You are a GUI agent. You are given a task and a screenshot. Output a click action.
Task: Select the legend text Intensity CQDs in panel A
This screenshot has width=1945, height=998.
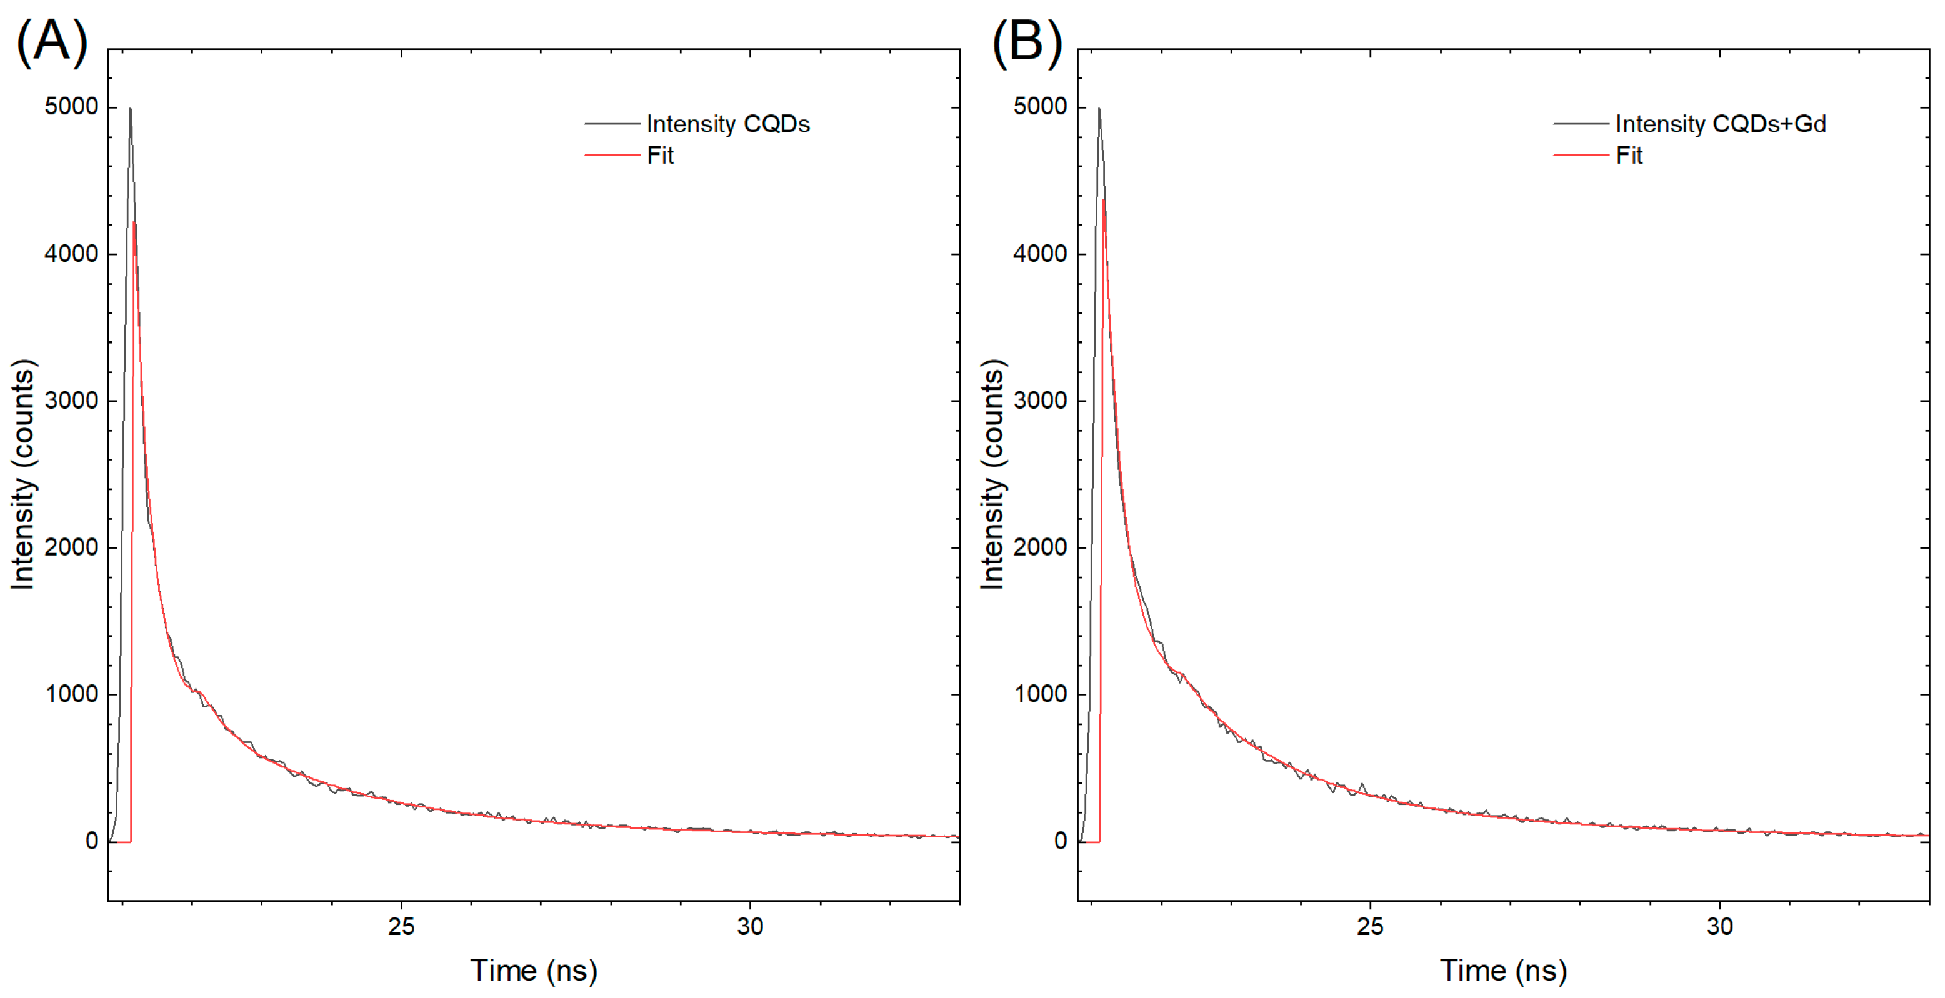pos(728,124)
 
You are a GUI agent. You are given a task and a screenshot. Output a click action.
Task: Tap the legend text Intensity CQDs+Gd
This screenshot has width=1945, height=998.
pos(1720,124)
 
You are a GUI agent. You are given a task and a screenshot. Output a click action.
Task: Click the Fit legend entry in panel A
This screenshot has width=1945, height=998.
pos(660,156)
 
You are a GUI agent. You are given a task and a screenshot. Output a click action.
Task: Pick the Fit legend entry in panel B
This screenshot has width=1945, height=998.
pos(1629,156)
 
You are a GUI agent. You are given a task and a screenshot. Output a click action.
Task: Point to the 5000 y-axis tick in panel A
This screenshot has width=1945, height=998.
pos(71,106)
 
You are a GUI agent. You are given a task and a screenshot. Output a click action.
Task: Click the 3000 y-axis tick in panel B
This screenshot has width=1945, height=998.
pos(1040,400)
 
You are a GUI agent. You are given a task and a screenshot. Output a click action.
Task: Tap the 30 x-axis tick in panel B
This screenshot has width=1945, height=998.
pos(1719,926)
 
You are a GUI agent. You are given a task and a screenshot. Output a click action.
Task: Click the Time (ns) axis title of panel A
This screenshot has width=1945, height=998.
pos(534,970)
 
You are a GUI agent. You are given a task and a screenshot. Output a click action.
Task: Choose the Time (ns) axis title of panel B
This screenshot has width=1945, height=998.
pos(1502,970)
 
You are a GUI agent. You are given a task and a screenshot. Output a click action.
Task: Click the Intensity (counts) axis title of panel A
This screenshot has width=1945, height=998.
pos(22,474)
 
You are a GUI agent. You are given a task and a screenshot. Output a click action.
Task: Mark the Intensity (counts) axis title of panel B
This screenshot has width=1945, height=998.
pos(992,474)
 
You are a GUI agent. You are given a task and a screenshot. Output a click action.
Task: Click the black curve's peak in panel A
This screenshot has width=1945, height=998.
pos(130,109)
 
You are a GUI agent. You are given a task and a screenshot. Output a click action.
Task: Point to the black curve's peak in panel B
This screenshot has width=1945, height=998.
pos(1099,109)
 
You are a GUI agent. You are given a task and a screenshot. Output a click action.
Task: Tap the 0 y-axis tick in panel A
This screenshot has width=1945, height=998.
pos(91,841)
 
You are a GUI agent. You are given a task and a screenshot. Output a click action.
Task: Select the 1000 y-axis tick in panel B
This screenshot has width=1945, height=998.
pos(1040,694)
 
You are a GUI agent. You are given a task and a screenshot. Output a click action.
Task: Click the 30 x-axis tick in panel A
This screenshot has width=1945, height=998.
pos(750,926)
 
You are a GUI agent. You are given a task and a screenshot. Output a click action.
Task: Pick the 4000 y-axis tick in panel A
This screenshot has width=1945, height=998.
pos(71,254)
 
